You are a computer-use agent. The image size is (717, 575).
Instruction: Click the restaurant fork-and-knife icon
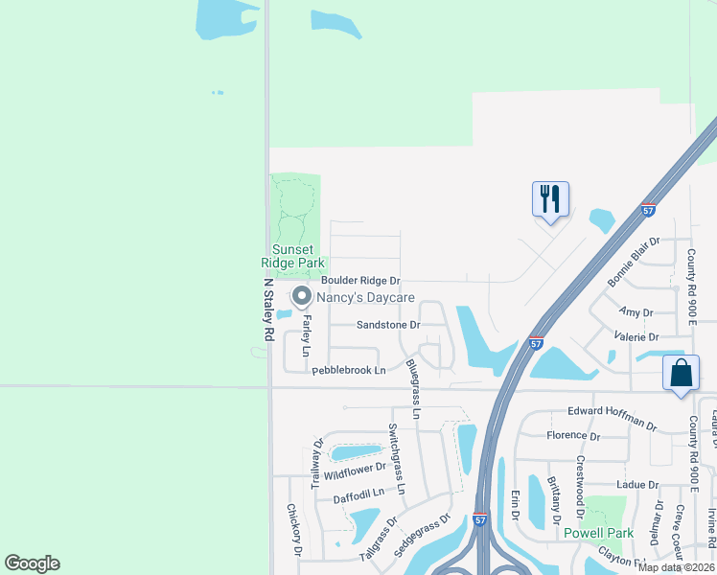click(x=550, y=199)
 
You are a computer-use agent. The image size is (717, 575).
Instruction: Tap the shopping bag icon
click(x=680, y=373)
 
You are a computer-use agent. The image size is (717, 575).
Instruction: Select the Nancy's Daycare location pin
click(x=301, y=297)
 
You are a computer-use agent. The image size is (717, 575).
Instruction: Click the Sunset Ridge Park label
click(x=293, y=256)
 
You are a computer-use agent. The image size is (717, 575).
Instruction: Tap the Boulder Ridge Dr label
click(x=359, y=281)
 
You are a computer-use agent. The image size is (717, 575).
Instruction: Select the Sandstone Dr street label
click(x=388, y=325)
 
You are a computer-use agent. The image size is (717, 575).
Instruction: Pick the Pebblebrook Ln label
click(x=348, y=370)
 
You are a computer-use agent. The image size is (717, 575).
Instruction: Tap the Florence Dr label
click(x=572, y=435)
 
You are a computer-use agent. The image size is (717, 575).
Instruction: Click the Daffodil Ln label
click(x=358, y=493)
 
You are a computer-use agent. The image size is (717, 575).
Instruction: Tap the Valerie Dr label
click(x=638, y=337)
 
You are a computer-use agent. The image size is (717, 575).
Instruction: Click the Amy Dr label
click(x=636, y=312)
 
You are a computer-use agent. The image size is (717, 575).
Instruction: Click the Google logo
click(x=32, y=563)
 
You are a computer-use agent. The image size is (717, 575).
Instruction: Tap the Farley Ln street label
click(x=307, y=335)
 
